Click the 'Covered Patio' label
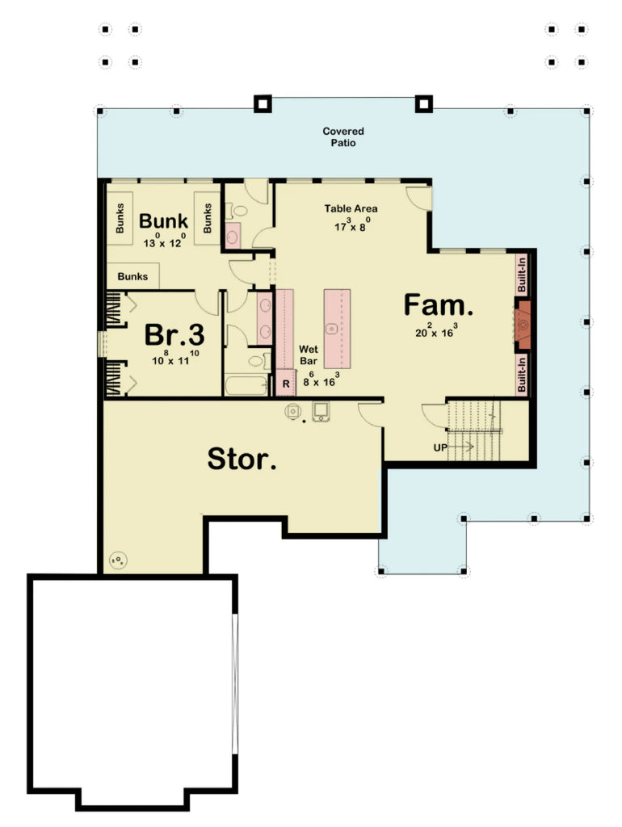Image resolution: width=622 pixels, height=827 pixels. pos(343,136)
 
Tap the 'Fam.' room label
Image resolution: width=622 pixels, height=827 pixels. pos(437,306)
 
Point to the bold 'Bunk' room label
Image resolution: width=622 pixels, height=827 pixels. pos(163,220)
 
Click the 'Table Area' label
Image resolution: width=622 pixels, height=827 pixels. pos(351,208)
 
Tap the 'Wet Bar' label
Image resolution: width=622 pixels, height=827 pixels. pos(309,354)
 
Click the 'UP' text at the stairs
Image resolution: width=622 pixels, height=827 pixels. pos(439,446)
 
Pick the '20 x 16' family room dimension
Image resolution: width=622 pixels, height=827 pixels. pos(437,330)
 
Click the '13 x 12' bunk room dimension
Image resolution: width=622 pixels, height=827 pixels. pos(163,241)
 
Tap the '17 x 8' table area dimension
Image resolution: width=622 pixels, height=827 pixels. pos(351,225)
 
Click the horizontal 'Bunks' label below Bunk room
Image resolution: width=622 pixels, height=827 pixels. pos(132,276)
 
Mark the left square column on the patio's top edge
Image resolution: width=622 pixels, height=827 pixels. pos(262,103)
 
